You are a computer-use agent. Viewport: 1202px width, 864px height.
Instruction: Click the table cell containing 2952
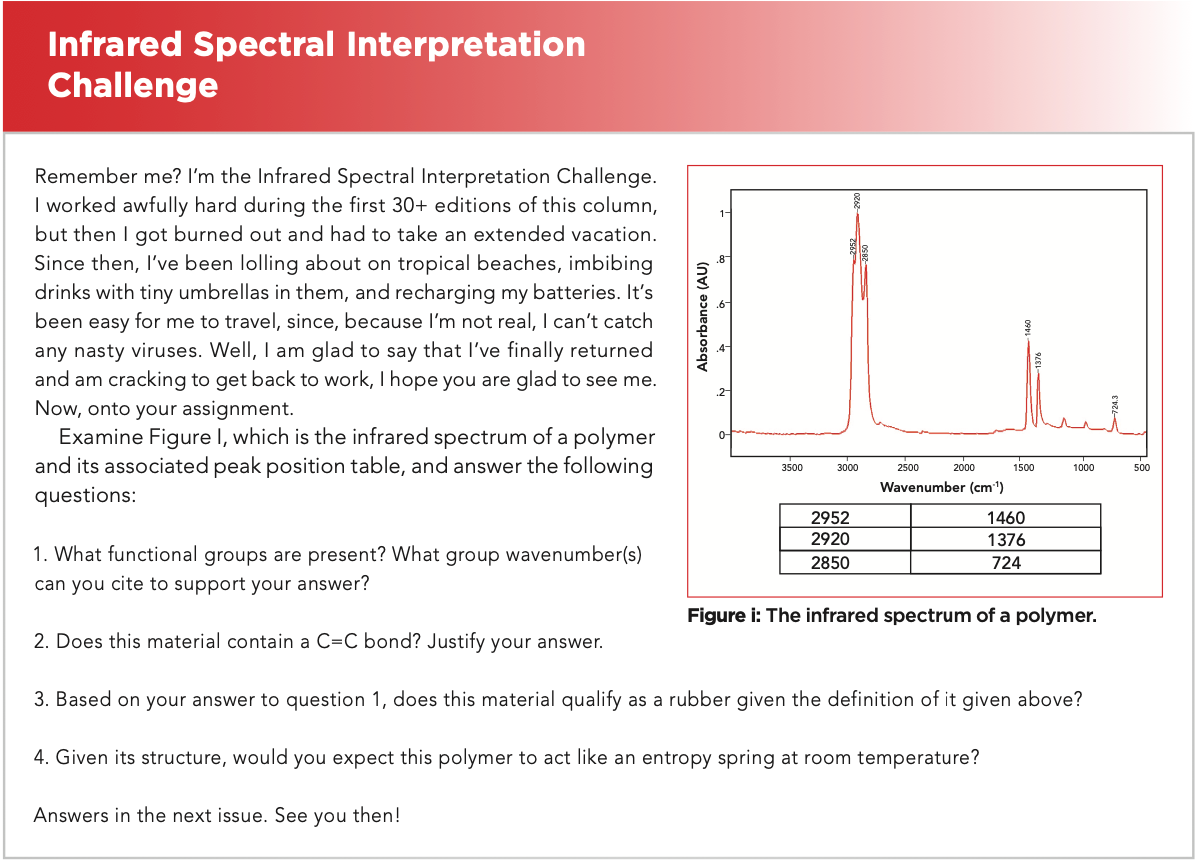(x=846, y=516)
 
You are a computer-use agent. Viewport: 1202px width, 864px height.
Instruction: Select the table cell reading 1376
(x=1007, y=539)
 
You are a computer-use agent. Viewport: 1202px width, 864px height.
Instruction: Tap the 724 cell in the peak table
(x=1007, y=563)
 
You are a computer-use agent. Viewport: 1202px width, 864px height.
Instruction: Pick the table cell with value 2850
(x=846, y=563)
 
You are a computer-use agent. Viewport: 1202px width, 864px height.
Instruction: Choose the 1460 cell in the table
(x=1007, y=516)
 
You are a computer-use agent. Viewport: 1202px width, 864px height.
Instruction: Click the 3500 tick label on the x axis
(x=793, y=468)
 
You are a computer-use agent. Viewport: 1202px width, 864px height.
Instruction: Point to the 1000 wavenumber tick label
(x=1084, y=468)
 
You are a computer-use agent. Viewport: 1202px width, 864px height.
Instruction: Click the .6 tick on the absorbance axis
(x=722, y=304)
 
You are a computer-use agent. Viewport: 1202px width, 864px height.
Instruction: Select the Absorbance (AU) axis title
(x=703, y=317)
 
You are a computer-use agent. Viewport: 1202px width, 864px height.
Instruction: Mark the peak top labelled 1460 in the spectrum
(x=1030, y=341)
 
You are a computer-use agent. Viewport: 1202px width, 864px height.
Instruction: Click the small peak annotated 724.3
(x=1116, y=419)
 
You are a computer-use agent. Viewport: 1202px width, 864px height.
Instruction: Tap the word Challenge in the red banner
(x=133, y=86)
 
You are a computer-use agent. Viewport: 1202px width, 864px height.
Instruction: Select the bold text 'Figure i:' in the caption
(x=725, y=616)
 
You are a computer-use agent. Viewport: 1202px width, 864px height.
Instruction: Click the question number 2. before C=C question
(x=42, y=642)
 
